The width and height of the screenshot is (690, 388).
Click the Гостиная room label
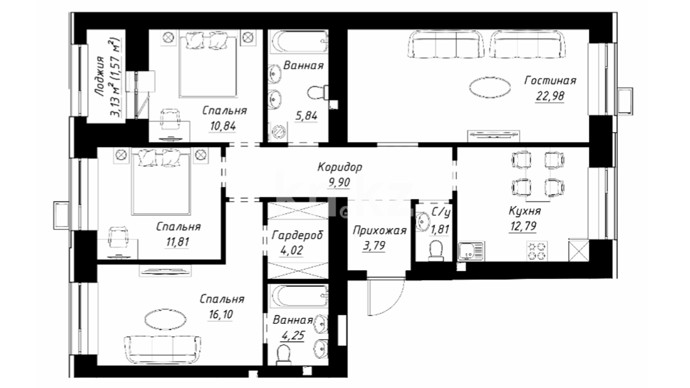[x=550, y=80]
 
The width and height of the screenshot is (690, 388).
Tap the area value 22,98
[x=550, y=96]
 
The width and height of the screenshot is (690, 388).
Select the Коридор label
[x=340, y=167]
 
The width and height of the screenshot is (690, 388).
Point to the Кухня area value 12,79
[x=523, y=226]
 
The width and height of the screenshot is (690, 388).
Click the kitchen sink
[x=471, y=251]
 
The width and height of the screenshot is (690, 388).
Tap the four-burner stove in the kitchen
[x=537, y=251]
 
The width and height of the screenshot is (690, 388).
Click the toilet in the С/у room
[x=436, y=250]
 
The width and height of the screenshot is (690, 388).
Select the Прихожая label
[x=379, y=231]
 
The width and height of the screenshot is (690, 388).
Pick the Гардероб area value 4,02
[x=291, y=250]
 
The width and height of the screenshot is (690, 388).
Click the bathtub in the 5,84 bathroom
[x=299, y=42]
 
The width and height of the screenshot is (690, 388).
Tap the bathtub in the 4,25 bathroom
[x=299, y=296]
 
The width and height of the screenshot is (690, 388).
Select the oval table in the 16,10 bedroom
[x=165, y=319]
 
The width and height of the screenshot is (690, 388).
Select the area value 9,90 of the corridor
[x=339, y=183]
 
